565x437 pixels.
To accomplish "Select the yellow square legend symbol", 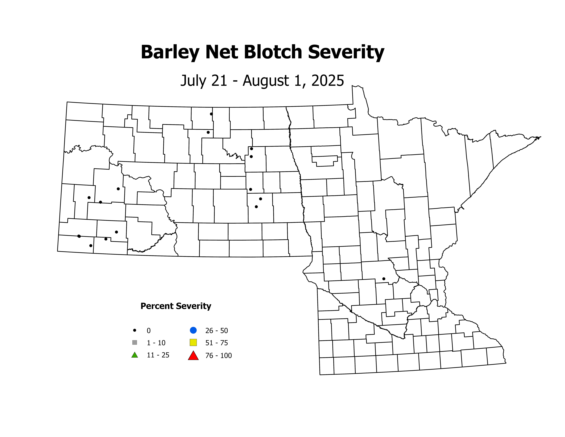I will (193, 342).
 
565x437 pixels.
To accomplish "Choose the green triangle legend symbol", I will (134, 355).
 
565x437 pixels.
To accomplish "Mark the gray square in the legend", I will (134, 342).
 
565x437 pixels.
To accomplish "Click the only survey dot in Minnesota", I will (384, 279).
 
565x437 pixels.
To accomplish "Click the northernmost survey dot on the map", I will (211, 114).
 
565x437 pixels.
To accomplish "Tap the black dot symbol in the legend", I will (134, 330).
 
